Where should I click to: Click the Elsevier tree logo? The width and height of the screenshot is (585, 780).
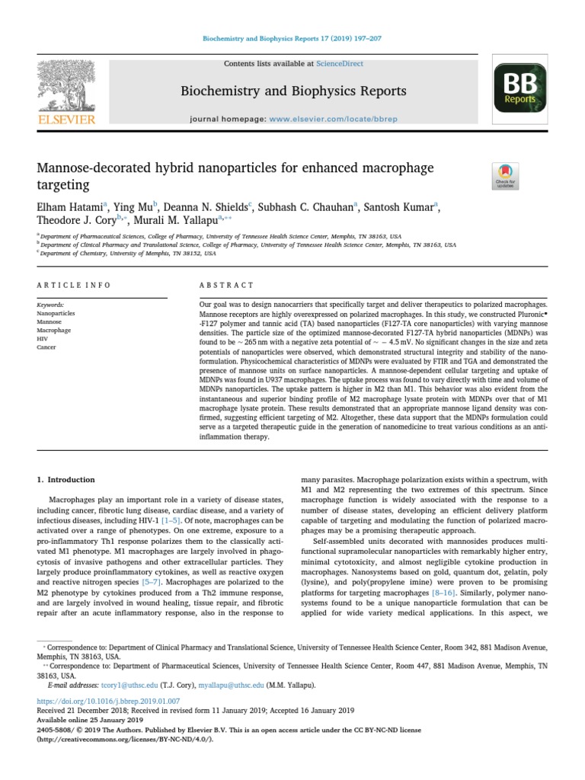[x=68, y=88]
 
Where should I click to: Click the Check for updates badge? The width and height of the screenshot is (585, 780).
[x=505, y=176]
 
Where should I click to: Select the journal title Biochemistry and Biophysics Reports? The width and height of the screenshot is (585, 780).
[x=292, y=91]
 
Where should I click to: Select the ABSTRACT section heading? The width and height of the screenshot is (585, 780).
[x=226, y=285]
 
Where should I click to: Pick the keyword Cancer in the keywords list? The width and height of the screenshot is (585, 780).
[x=46, y=347]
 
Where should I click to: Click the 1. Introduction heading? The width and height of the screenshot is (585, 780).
[x=66, y=480]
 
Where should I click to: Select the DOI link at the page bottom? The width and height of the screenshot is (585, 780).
[x=108, y=700]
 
